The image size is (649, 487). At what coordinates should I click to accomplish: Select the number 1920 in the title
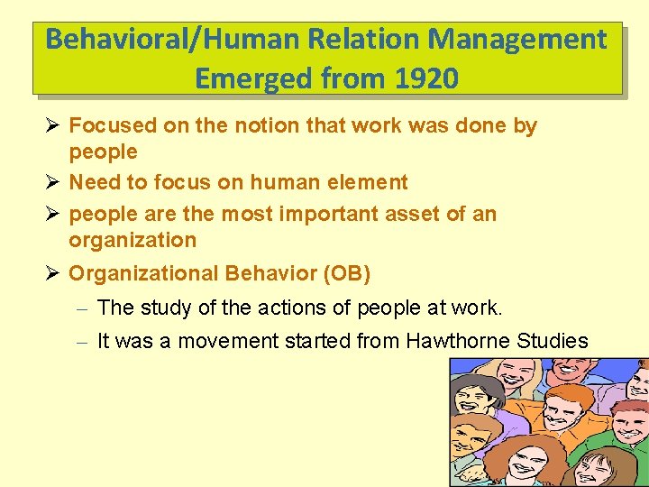tap(426, 79)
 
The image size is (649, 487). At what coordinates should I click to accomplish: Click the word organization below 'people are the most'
tap(133, 240)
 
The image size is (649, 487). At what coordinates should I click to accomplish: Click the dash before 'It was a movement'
tap(80, 342)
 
